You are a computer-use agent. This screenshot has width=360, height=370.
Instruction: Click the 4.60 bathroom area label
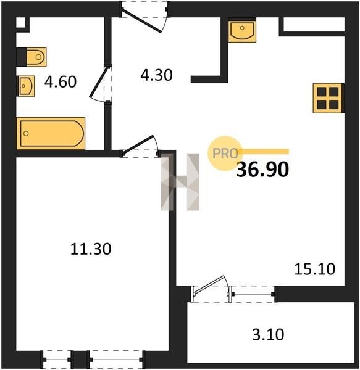(61, 81)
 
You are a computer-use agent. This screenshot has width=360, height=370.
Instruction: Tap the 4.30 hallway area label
(156, 75)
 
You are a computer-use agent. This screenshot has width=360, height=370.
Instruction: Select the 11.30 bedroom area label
(91, 249)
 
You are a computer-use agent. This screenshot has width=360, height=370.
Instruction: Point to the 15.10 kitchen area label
(315, 269)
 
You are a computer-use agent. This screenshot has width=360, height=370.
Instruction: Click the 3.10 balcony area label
(268, 335)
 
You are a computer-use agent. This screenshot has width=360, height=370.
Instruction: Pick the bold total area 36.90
(262, 170)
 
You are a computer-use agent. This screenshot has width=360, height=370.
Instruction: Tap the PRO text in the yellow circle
(225, 154)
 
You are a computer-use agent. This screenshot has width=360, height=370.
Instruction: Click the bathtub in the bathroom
(51, 133)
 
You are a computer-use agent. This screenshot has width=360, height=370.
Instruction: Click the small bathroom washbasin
(25, 86)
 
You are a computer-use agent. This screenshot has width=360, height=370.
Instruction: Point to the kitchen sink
(242, 31)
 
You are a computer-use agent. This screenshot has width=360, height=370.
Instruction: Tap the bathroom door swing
(99, 84)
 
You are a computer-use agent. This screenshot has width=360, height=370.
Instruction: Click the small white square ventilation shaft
(20, 23)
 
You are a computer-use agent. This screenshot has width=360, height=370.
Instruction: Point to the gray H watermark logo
(180, 182)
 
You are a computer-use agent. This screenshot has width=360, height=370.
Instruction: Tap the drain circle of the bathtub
(26, 133)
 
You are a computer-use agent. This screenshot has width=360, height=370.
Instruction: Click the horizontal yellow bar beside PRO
(264, 151)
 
